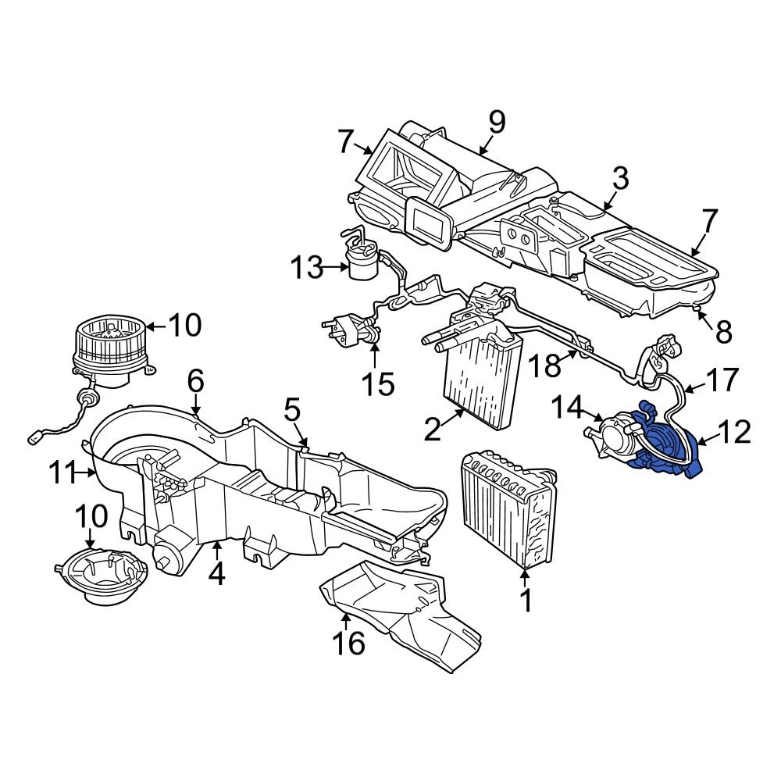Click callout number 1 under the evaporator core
pos(525,601)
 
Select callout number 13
pos(306,268)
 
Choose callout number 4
pos(216,574)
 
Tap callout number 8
pos(723,332)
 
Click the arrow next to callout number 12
pos(701,443)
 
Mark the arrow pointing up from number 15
pos(374,357)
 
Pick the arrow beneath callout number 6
pos(196,407)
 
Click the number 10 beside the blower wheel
pos(184,326)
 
